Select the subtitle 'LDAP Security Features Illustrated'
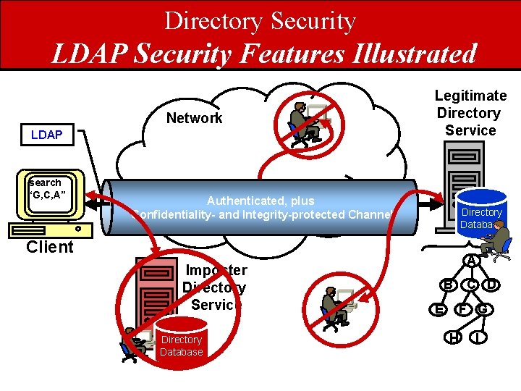pos(264,53)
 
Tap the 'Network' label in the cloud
pos(195,118)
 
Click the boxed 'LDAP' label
pos(46,135)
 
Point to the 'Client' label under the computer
pos(50,247)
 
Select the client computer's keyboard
pos(50,230)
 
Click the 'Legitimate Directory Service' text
pos(470,113)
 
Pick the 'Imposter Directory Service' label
pos(215,287)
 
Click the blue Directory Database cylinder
pos(481,213)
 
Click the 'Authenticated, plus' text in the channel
pos(260,201)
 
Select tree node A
pos(471,261)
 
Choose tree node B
pos(449,285)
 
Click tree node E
pos(439,310)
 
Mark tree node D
pos(493,285)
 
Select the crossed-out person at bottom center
pos(336,308)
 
